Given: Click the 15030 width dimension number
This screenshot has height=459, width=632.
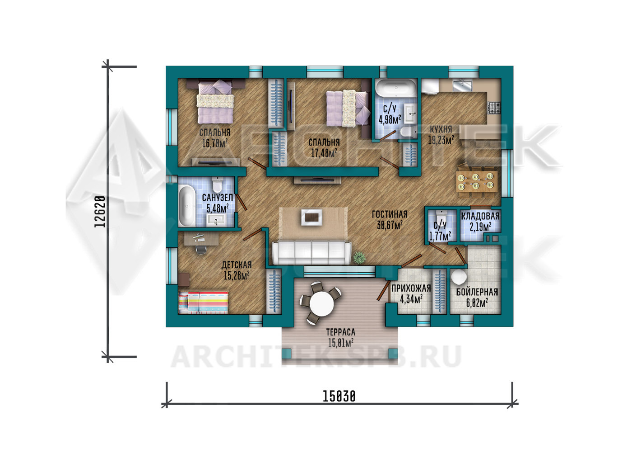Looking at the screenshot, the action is tap(339, 396).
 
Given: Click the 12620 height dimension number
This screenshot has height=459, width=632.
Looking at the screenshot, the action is tap(100, 212).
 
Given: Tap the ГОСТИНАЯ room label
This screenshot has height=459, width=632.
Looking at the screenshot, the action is tap(390, 214).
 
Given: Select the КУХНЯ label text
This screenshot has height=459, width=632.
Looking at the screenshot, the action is tap(441, 129).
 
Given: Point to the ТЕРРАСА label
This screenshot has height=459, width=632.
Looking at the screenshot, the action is tap(340, 332).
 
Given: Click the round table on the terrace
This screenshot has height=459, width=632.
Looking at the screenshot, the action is tap(321, 304).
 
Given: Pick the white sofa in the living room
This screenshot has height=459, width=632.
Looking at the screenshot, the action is tap(311, 253).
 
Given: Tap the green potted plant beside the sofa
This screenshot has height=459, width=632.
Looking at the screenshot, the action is tap(359, 258).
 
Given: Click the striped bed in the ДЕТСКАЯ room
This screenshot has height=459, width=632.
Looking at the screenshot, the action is tap(203, 303).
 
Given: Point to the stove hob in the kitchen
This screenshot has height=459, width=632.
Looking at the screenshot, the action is tap(494, 108).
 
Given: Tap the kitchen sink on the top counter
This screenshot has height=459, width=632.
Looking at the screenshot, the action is tap(462, 85).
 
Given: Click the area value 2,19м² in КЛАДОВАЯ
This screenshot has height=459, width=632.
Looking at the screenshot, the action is tap(480, 227).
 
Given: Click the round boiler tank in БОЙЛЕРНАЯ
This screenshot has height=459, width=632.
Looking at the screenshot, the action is tap(459, 276).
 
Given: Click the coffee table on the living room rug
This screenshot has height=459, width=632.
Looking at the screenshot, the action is tap(312, 217).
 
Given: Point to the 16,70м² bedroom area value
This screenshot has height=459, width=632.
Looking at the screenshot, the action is tap(215, 143).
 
